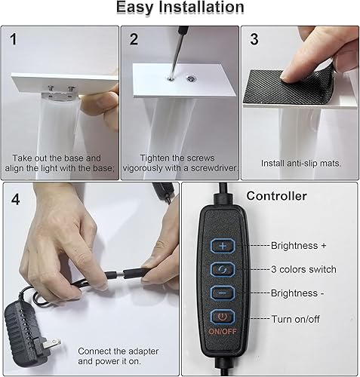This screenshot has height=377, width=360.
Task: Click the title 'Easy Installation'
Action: click(x=180, y=8)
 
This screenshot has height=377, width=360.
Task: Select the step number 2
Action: click(x=134, y=38)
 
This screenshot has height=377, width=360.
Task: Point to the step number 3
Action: click(x=254, y=38)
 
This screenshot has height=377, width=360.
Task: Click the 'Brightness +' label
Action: click(x=300, y=246)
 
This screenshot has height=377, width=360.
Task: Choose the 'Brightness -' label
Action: click(x=300, y=292)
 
